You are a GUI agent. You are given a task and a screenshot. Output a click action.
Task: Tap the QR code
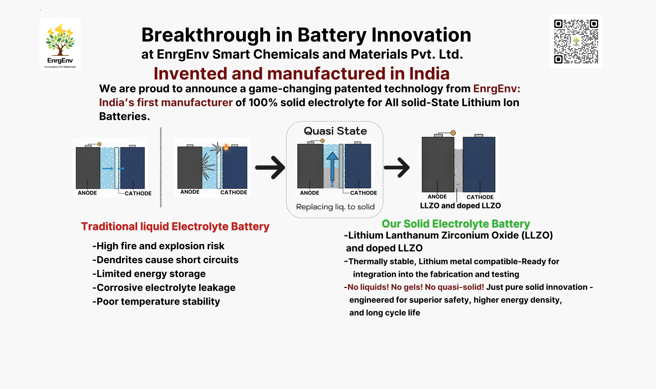tap(576, 41)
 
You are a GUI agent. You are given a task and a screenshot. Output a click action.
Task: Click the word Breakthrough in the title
tap(206, 35)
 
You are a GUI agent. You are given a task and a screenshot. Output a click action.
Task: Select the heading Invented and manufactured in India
tap(301, 73)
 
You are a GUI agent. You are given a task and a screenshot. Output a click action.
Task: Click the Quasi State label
tap(335, 131)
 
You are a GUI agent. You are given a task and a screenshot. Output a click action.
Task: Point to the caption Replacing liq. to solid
tap(335, 207)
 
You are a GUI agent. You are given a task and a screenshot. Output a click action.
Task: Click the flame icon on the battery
tap(226, 146)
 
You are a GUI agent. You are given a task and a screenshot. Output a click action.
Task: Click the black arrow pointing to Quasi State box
tap(270, 168)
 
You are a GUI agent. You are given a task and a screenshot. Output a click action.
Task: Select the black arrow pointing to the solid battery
tap(397, 168)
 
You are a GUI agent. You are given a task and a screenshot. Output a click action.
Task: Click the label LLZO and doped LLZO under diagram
tap(460, 206)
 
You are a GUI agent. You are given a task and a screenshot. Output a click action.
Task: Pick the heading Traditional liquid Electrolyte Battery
tap(175, 226)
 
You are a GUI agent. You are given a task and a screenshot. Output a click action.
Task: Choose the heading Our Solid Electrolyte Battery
tap(456, 224)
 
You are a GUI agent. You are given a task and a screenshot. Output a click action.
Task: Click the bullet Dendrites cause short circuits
tap(165, 260)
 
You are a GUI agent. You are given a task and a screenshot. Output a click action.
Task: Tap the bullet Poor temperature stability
tap(156, 302)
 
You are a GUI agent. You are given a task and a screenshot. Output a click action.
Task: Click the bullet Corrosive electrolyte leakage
tap(164, 288)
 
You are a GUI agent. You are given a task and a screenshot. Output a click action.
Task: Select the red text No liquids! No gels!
tap(385, 287)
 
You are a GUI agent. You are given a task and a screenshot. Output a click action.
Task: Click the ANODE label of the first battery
tap(87, 193)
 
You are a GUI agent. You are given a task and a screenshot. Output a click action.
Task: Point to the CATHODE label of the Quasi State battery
tap(364, 193)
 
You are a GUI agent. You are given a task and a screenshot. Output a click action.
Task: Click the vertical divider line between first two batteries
tap(161, 167)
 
